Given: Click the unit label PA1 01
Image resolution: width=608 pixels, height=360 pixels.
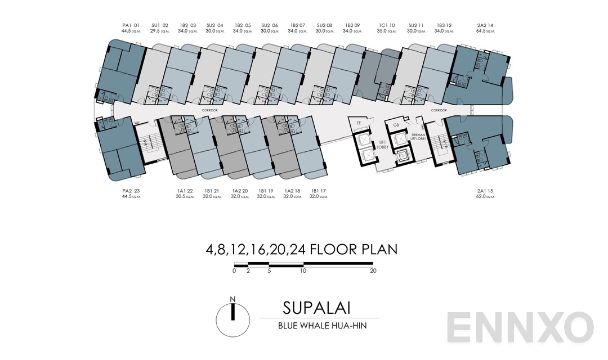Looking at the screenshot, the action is [x=131, y=25].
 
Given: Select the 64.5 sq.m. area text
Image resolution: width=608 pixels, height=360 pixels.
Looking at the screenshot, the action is [x=485, y=31].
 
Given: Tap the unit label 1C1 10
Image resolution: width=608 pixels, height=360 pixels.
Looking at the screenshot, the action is [x=387, y=25].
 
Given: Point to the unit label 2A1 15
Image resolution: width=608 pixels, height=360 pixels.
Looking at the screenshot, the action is [x=485, y=191].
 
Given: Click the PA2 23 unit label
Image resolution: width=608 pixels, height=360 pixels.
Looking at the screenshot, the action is [x=131, y=191].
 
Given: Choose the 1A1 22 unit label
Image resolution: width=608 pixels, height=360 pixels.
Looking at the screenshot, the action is [x=185, y=191].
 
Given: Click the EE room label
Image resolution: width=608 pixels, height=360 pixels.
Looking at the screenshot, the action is [x=359, y=123].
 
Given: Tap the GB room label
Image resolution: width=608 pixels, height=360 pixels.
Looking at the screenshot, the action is [x=396, y=125].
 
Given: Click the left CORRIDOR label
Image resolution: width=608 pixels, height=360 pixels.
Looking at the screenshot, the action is [x=210, y=110].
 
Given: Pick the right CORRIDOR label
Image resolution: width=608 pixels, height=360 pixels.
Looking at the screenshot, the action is [x=439, y=110].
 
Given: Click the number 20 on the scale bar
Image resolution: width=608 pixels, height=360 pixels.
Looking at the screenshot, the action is [x=373, y=271].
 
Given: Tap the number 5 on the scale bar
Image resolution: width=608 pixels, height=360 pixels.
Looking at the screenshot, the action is [x=269, y=271].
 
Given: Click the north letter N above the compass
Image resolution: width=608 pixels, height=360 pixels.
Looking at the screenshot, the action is [x=233, y=299].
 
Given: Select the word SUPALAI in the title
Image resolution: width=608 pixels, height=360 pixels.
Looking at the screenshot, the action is [x=317, y=308].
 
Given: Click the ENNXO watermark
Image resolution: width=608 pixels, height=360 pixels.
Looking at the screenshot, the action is [x=520, y=328].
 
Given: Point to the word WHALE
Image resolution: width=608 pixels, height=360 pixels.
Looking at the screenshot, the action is [x=309, y=326].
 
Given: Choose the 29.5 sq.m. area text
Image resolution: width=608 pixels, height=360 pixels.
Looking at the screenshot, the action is [x=160, y=31].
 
